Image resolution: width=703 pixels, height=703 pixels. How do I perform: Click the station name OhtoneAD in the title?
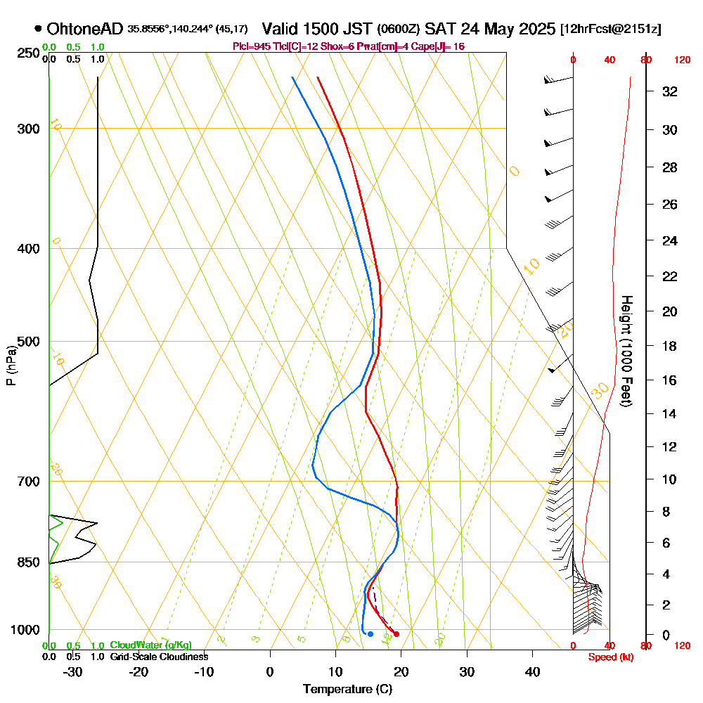point(85,29)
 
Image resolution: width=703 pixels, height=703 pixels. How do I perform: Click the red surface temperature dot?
point(396,634)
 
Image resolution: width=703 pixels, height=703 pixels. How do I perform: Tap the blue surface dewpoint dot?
point(370,634)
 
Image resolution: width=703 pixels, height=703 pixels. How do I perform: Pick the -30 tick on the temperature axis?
point(73,671)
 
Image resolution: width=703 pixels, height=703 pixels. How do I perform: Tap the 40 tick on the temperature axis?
point(532,671)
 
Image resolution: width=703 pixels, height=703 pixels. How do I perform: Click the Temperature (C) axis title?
point(347,689)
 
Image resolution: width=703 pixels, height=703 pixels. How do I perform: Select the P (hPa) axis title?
point(11,366)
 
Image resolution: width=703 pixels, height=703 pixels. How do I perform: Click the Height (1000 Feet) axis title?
point(625,351)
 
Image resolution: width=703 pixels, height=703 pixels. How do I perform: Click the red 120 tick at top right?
point(681,60)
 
